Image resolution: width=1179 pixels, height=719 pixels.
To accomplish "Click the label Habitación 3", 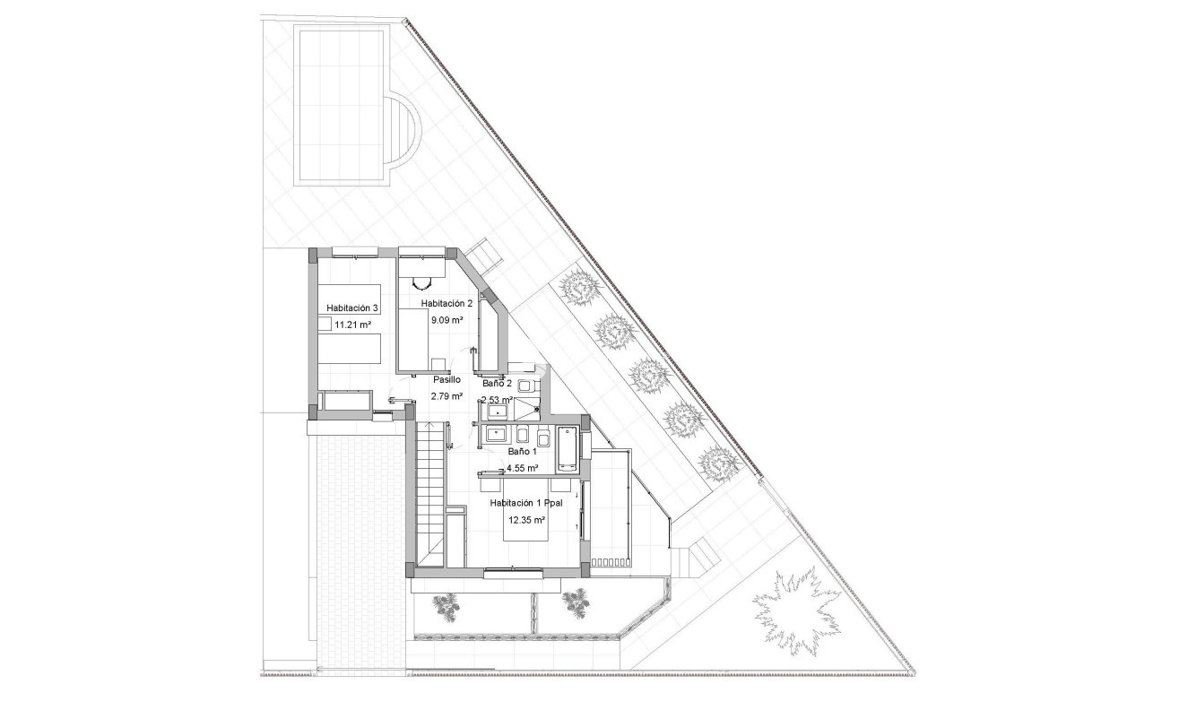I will (352, 308).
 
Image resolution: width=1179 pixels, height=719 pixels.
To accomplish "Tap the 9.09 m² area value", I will (446, 320).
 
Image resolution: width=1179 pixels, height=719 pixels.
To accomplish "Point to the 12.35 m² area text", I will (528, 520).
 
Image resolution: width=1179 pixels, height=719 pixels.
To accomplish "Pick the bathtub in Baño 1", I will (568, 449).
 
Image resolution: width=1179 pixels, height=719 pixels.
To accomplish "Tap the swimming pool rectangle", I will (340, 105).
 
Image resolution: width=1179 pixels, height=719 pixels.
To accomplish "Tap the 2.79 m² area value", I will (446, 396).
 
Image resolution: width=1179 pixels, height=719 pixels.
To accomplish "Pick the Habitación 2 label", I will (446, 303).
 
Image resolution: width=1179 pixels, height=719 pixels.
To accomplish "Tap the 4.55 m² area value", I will (522, 468).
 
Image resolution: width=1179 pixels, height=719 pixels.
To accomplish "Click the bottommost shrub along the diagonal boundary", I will (718, 463).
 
